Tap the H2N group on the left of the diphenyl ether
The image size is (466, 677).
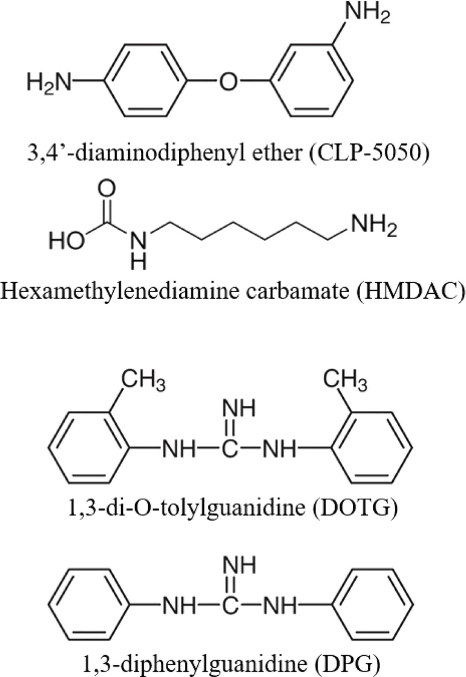(49, 81)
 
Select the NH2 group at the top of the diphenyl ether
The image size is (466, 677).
(367, 13)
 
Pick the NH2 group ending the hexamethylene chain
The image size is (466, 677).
(373, 226)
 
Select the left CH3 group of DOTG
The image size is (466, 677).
(143, 381)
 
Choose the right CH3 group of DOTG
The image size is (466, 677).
(345, 381)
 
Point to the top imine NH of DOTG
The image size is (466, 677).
(239, 408)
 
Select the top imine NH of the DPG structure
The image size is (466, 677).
(239, 565)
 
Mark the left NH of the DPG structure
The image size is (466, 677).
(178, 606)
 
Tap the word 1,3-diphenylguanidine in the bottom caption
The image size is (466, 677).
(194, 665)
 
